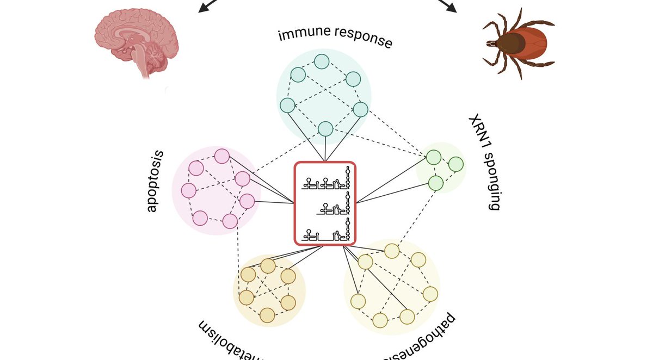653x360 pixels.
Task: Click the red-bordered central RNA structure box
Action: pos(325,203)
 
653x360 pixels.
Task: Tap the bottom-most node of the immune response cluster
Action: pos(325,129)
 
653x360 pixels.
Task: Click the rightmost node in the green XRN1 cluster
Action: pos(456,164)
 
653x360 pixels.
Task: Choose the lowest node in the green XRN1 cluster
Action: pos(436,183)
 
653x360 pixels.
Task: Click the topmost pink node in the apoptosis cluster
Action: pos(221,157)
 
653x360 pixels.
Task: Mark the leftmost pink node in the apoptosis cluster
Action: pos(188,190)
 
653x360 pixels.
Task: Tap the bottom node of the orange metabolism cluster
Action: pos(267,315)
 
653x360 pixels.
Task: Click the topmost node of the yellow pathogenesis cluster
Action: pos(392,251)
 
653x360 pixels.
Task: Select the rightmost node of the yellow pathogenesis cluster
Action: pos(430,294)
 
